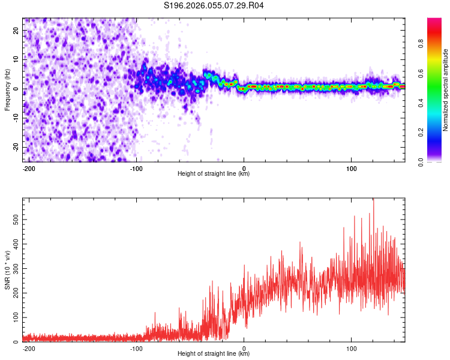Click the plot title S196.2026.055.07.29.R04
(x=214, y=5)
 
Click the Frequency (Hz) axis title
(x=7, y=90)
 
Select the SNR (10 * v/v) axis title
(x=7, y=269)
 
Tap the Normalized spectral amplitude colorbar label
(x=446, y=90)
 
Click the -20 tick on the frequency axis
(x=15, y=147)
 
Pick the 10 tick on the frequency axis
(x=16, y=59)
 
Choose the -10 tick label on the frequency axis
(x=15, y=118)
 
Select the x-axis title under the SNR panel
(x=214, y=354)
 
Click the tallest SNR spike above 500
(x=373, y=200)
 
